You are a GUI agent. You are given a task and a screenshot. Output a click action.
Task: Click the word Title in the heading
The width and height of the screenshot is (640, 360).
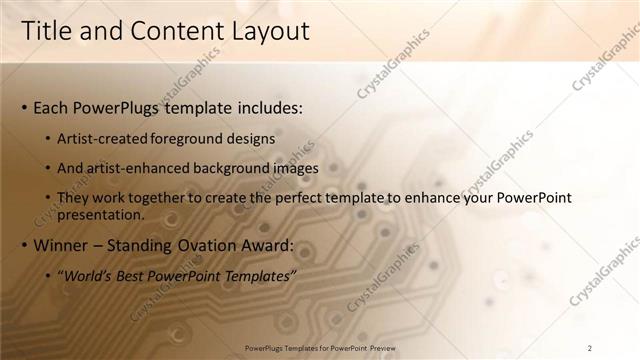[49, 31]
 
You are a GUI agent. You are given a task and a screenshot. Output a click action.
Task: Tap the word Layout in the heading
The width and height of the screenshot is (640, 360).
[270, 31]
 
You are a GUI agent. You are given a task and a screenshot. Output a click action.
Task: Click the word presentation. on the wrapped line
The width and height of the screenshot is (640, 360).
[101, 214]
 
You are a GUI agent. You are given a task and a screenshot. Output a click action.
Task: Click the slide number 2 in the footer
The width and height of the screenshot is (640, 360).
[590, 347]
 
